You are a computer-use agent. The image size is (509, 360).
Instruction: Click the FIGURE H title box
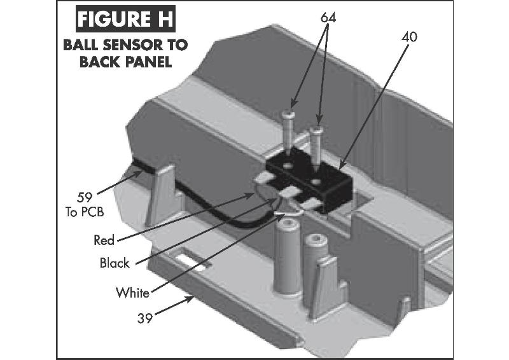coord(123,19)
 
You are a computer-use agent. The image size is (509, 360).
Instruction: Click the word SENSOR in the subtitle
coord(127,46)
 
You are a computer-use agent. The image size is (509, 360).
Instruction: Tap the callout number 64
coord(328,18)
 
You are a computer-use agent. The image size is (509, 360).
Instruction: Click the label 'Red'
coord(104,240)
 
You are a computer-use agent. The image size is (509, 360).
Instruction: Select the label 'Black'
coord(115,262)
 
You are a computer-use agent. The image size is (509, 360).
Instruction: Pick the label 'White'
coord(132,293)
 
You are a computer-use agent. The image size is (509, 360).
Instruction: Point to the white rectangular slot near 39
coord(192,263)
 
